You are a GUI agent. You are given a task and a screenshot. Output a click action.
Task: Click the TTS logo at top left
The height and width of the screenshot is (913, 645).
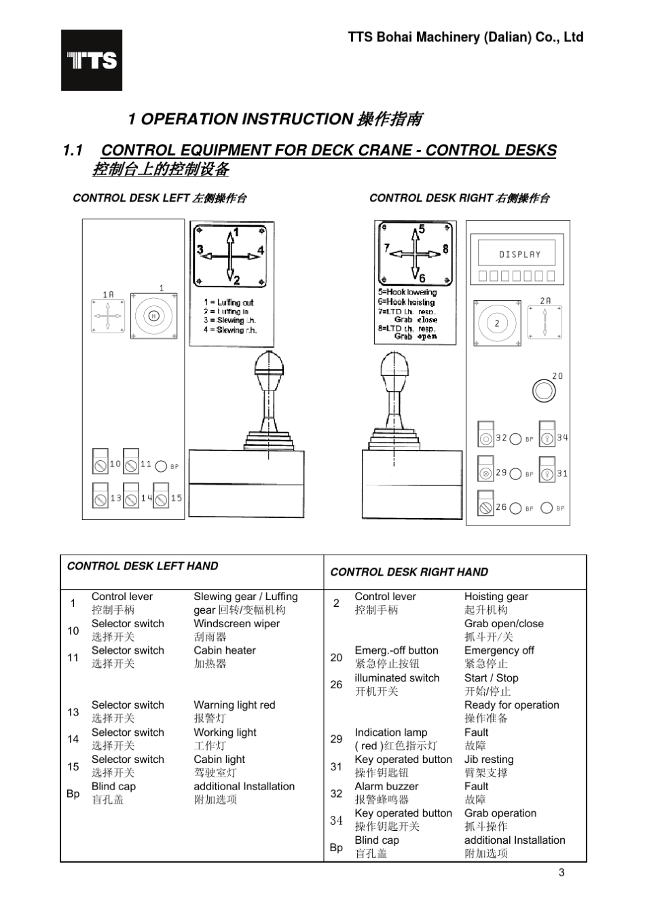click(x=92, y=60)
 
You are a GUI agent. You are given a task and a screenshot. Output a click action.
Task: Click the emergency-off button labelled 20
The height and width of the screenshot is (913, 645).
click(x=544, y=391)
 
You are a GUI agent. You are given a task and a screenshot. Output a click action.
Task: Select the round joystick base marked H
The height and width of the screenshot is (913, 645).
click(x=153, y=316)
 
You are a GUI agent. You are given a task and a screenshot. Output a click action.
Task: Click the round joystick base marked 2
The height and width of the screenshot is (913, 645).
click(x=497, y=323)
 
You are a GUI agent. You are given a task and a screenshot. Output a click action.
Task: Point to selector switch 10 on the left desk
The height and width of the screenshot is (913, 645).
click(x=100, y=462)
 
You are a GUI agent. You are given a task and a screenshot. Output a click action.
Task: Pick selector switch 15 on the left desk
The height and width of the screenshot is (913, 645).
click(x=161, y=496)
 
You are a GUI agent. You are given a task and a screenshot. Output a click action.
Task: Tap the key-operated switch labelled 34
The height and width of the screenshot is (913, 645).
click(x=547, y=436)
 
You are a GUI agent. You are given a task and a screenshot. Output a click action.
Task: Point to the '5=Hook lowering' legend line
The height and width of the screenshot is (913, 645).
click(x=407, y=293)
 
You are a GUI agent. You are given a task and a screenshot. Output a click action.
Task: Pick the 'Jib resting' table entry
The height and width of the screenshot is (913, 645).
click(x=489, y=760)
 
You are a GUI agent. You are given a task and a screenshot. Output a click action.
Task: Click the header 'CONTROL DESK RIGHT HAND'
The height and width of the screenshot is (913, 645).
click(x=409, y=572)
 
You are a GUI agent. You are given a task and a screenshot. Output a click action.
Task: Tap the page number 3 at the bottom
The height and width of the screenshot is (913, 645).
click(x=561, y=872)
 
